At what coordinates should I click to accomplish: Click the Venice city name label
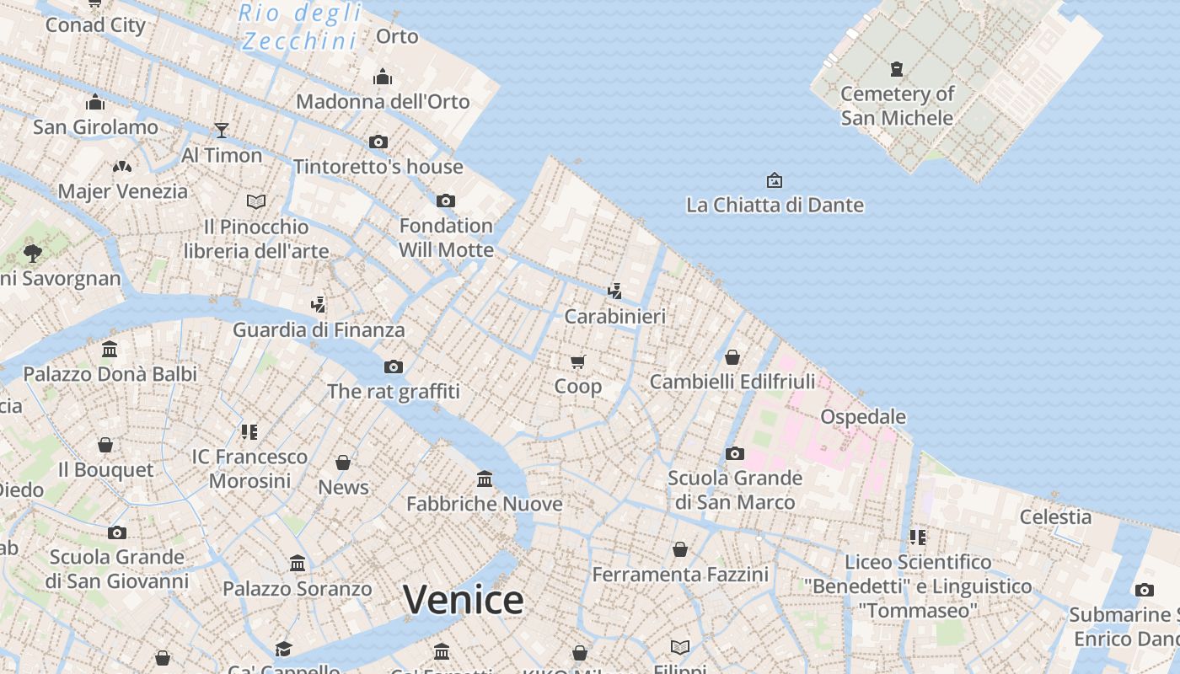point(464,600)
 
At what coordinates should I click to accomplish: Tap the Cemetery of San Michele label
point(897,105)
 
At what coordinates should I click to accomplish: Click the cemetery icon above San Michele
point(897,69)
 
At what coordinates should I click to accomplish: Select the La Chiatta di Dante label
point(775,205)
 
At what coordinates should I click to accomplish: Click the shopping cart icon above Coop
point(578,361)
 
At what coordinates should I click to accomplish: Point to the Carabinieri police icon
point(615,292)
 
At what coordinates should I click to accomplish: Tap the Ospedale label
point(863,416)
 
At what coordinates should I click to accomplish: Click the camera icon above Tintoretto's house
point(378,142)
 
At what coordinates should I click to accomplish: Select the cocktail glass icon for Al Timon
point(222,130)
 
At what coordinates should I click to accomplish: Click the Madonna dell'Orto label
point(383,101)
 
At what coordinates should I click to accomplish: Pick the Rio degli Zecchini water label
point(300,27)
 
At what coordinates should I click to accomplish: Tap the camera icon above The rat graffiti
point(394,366)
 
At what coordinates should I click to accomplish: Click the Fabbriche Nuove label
point(485,504)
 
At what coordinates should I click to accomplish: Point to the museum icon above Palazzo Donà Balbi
point(110,349)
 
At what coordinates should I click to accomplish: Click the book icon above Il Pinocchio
point(256,201)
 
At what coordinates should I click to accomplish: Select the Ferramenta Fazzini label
point(680,575)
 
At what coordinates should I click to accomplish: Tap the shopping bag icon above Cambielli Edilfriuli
point(732,357)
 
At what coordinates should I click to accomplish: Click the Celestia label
point(1055,516)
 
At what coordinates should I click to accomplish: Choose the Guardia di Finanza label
point(319,329)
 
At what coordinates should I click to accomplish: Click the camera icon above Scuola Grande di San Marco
point(735,453)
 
